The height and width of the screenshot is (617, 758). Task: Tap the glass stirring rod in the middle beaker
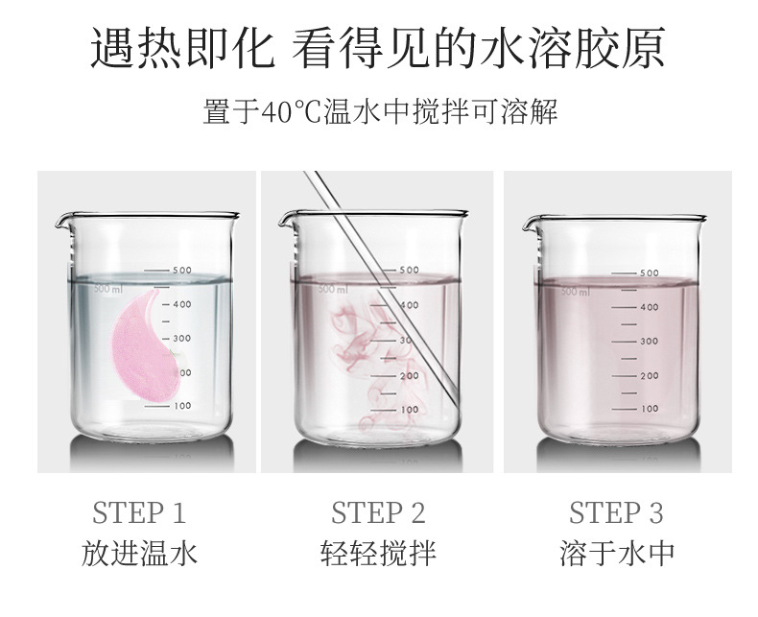[x=382, y=289]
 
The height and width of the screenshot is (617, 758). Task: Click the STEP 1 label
[x=139, y=513]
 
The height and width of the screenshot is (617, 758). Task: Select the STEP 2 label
[x=378, y=513]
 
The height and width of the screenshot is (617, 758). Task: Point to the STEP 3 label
[x=616, y=513]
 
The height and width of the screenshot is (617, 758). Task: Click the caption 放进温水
[x=139, y=553]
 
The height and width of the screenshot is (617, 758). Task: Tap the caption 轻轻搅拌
[x=378, y=553]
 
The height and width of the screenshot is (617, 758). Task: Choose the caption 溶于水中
[x=617, y=553]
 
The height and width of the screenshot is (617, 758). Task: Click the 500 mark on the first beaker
[x=182, y=271]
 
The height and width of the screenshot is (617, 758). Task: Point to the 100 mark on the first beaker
[x=182, y=406]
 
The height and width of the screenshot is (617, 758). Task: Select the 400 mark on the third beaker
[x=650, y=307]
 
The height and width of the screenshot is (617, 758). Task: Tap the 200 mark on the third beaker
[x=650, y=376]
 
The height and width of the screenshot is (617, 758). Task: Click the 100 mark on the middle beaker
[x=410, y=410]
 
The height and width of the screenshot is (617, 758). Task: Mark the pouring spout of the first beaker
[x=60, y=223]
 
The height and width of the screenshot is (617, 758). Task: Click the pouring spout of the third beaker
[x=529, y=225]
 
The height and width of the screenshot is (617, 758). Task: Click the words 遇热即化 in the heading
[x=182, y=49]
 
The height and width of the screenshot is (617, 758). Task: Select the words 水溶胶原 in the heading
[x=574, y=49]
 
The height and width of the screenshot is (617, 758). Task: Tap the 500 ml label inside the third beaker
[x=576, y=292]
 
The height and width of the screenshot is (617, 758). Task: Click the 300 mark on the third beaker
[x=650, y=342]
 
